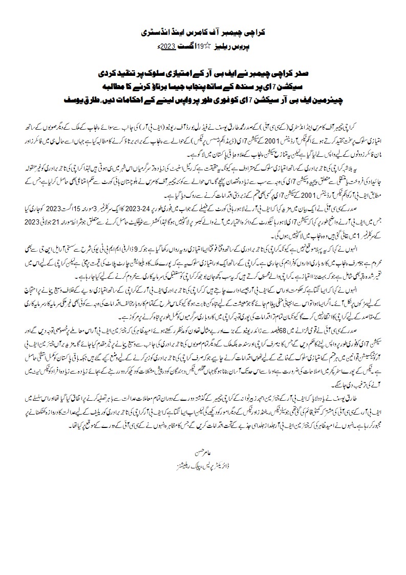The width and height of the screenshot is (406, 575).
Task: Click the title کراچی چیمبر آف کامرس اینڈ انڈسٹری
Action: pos(203,32)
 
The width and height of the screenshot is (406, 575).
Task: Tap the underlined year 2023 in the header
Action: pos(169,46)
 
